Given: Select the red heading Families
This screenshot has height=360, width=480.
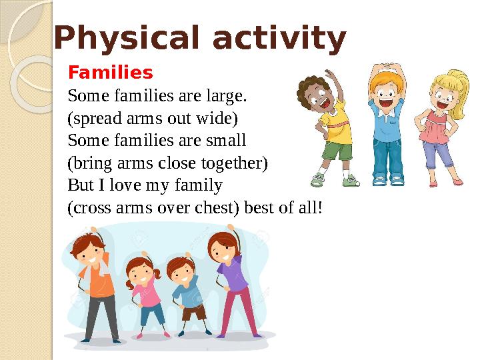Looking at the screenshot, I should coord(111,71).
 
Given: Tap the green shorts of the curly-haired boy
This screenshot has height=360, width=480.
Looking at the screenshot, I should coord(337,150).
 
